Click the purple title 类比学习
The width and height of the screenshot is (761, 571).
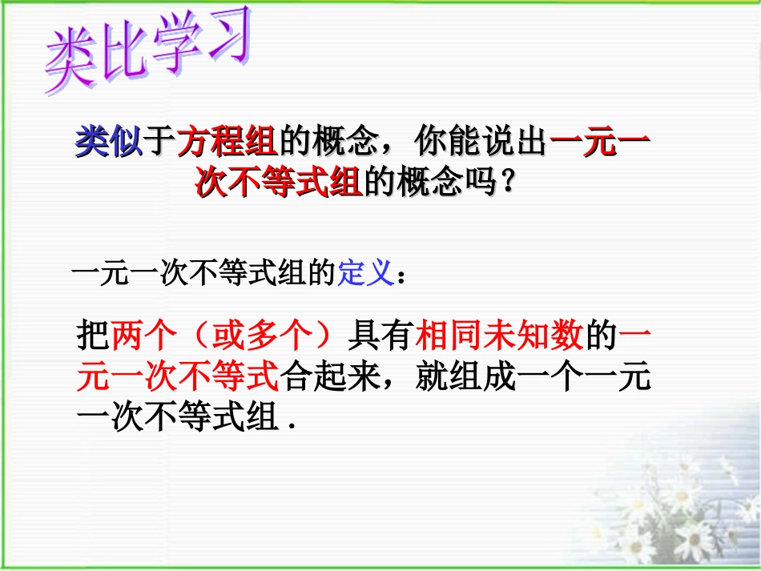(148, 50)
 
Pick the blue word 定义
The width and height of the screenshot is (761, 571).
(364, 275)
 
